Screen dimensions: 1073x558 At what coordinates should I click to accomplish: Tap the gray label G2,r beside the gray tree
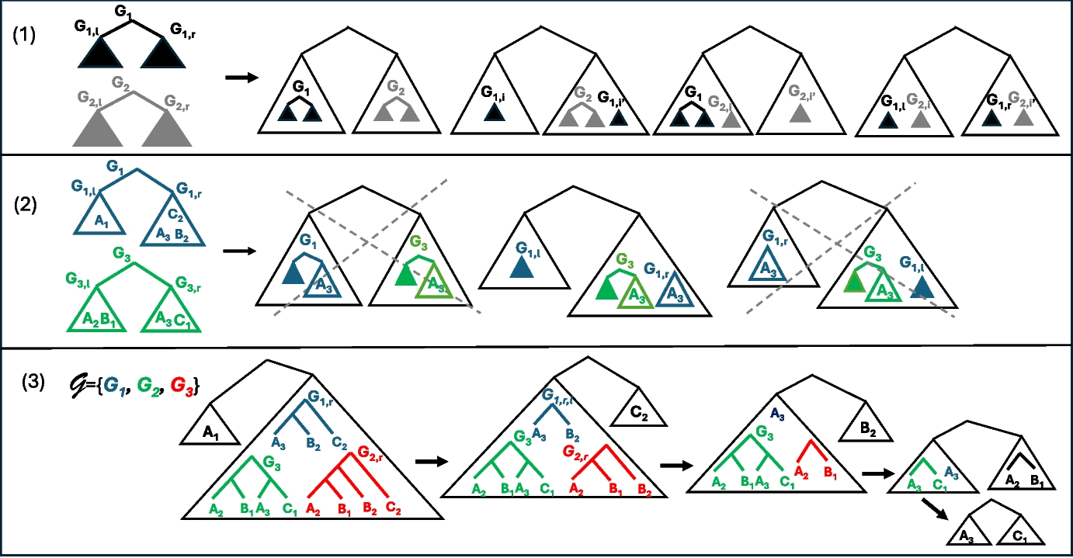click(x=180, y=99)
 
